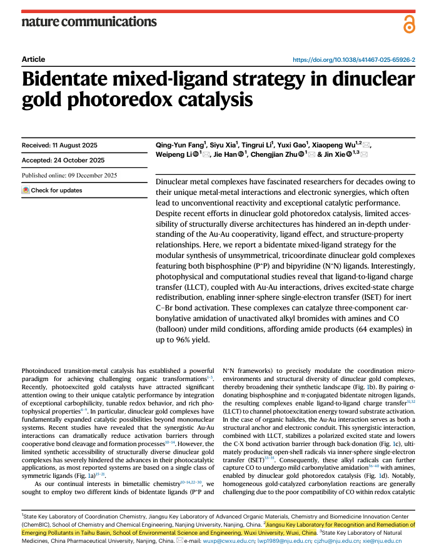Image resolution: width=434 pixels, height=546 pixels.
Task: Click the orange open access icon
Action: (409, 24)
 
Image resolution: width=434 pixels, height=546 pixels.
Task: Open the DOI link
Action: (354, 59)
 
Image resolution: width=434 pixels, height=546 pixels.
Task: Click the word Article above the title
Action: (33, 59)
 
